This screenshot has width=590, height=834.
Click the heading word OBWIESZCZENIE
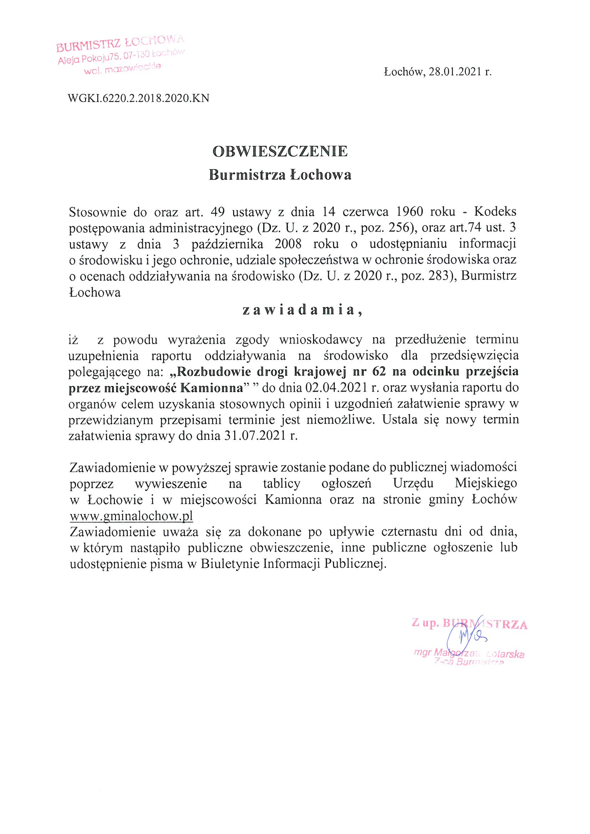[280, 152]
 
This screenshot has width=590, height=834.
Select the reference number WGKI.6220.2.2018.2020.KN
[138, 98]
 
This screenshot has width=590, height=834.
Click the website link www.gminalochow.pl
[131, 515]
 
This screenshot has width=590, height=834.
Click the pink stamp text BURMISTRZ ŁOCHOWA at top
[120, 43]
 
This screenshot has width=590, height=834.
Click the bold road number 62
[380, 372]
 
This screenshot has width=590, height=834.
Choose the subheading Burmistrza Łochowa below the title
[280, 175]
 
